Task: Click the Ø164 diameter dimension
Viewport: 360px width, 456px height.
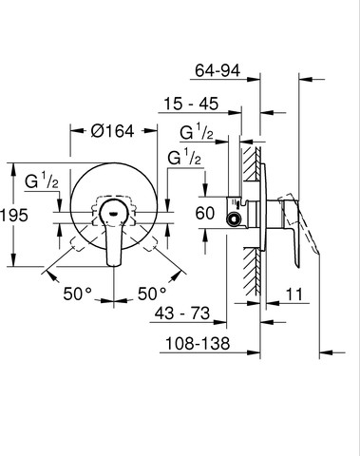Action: pyautogui.click(x=112, y=131)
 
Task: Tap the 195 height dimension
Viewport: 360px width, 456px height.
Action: pyautogui.click(x=14, y=216)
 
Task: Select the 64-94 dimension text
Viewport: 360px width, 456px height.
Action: pyautogui.click(x=218, y=70)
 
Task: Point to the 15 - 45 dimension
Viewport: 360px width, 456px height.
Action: pyautogui.click(x=191, y=104)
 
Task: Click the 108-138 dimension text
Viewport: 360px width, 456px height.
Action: pyautogui.click(x=198, y=343)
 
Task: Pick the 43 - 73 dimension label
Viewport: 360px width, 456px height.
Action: pyautogui.click(x=182, y=313)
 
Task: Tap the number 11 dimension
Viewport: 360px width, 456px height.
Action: pyautogui.click(x=294, y=294)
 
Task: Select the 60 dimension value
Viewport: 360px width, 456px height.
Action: pyautogui.click(x=205, y=213)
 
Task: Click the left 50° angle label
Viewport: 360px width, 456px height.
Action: pyautogui.click(x=78, y=294)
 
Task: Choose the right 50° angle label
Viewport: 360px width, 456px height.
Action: pyautogui.click(x=152, y=294)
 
